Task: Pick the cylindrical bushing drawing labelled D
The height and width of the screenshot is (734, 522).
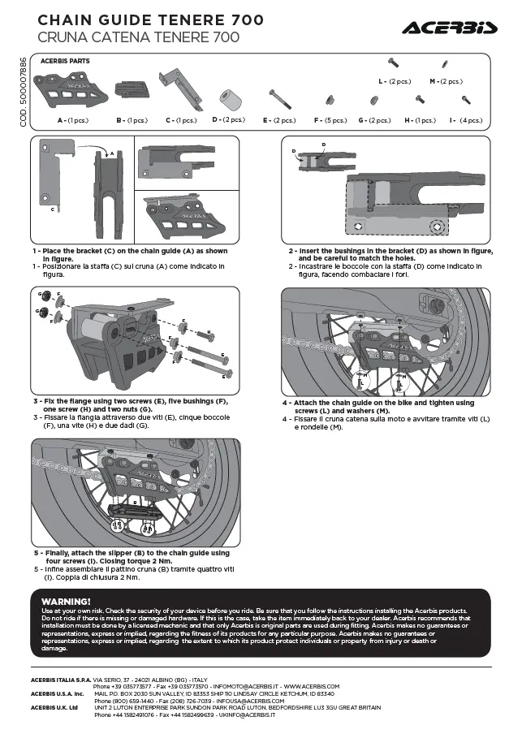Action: click(233, 97)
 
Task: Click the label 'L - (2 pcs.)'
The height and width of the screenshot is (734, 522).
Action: click(395, 81)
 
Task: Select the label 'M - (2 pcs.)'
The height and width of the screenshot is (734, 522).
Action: click(445, 81)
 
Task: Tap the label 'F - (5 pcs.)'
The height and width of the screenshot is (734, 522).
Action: click(331, 120)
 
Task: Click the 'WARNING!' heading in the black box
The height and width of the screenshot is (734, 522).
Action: click(65, 601)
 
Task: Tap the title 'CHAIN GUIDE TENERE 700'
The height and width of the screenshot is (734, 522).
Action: click(140, 19)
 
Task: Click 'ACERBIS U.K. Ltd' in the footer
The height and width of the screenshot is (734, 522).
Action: click(54, 707)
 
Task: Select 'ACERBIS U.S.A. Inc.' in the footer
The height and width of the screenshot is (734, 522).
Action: click(58, 693)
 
